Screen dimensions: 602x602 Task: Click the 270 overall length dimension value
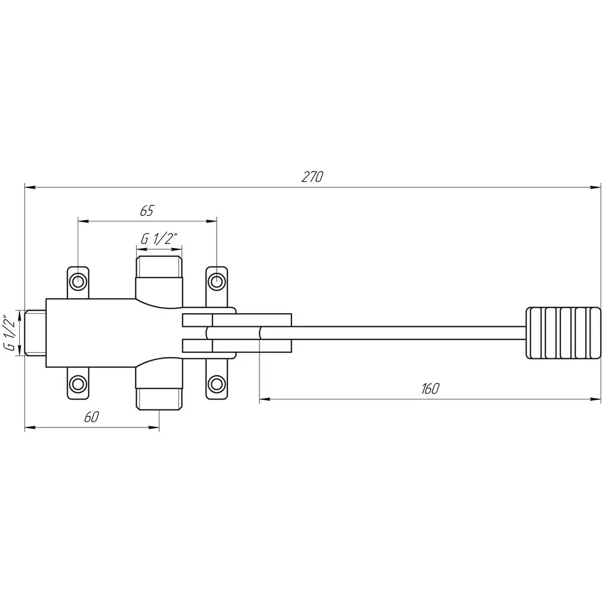pos(312,177)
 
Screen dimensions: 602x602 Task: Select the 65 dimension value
pos(147,211)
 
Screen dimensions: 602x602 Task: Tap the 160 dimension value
pos(430,389)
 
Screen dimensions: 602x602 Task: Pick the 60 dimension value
pos(92,417)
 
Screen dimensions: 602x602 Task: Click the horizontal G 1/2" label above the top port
pos(159,239)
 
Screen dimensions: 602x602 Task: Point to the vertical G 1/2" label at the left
pos(11,333)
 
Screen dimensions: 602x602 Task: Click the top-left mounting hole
pos(78,281)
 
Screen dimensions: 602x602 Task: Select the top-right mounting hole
pos(217,281)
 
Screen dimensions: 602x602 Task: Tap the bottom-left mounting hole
pos(78,383)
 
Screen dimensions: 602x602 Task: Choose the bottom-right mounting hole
pos(217,383)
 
